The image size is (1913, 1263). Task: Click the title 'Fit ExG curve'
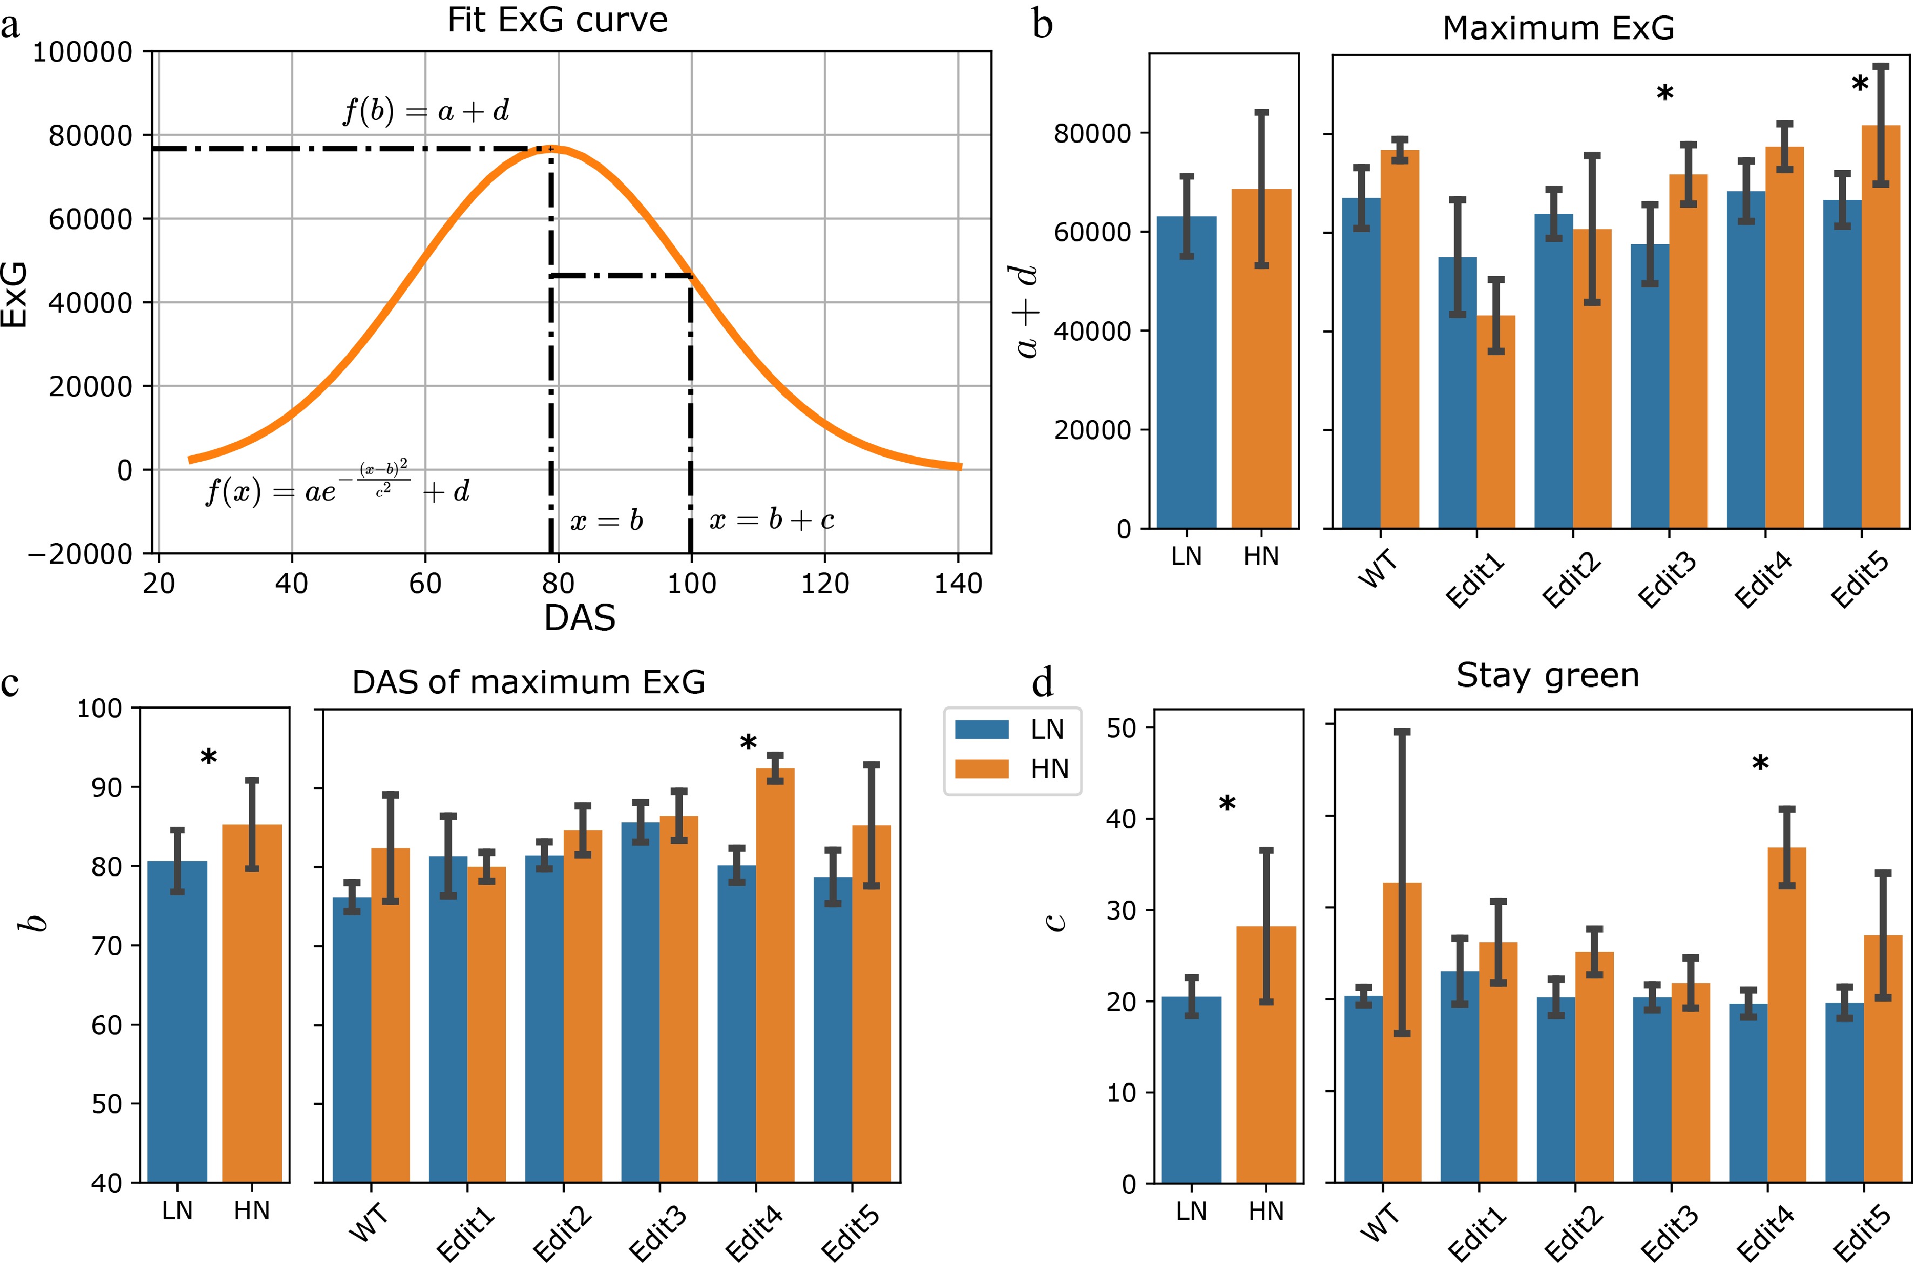pyautogui.click(x=557, y=20)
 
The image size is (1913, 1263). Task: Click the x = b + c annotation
pyautogui.click(x=771, y=521)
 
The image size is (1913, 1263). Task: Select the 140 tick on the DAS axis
pyautogui.click(x=958, y=583)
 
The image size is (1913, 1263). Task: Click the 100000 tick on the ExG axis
pyautogui.click(x=82, y=52)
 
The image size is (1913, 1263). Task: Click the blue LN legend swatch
pyautogui.click(x=981, y=729)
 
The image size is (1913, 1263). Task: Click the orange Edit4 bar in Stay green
pyautogui.click(x=1787, y=1015)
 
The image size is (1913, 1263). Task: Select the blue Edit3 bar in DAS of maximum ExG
pyautogui.click(x=640, y=1002)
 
